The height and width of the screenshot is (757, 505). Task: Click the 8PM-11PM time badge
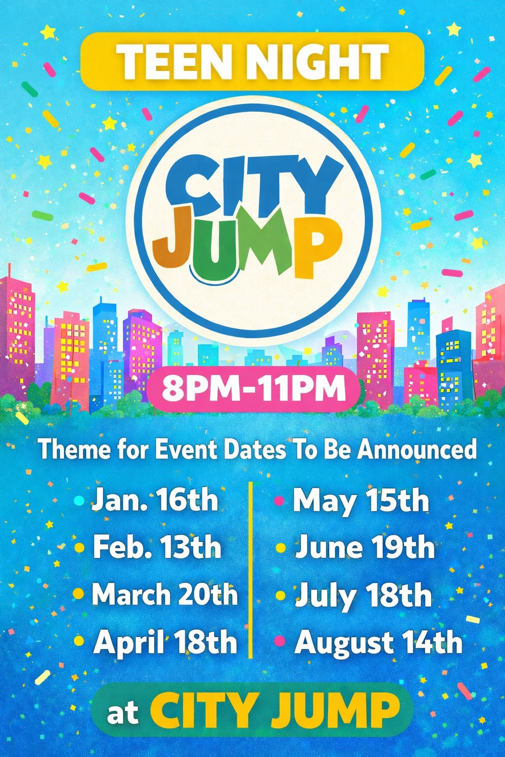tap(253, 388)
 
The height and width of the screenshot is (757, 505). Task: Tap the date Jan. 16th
tap(154, 500)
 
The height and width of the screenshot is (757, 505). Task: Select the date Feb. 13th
tap(157, 547)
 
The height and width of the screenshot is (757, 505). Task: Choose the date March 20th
tap(165, 594)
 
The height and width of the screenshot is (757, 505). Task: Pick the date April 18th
tap(165, 642)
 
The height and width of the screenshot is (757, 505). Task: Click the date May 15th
tap(361, 501)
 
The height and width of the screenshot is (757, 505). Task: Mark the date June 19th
tap(364, 547)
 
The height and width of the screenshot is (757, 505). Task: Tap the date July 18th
tap(363, 595)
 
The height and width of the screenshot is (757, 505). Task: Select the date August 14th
tap(378, 642)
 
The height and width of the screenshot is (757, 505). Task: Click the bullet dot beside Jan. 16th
tap(78, 501)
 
